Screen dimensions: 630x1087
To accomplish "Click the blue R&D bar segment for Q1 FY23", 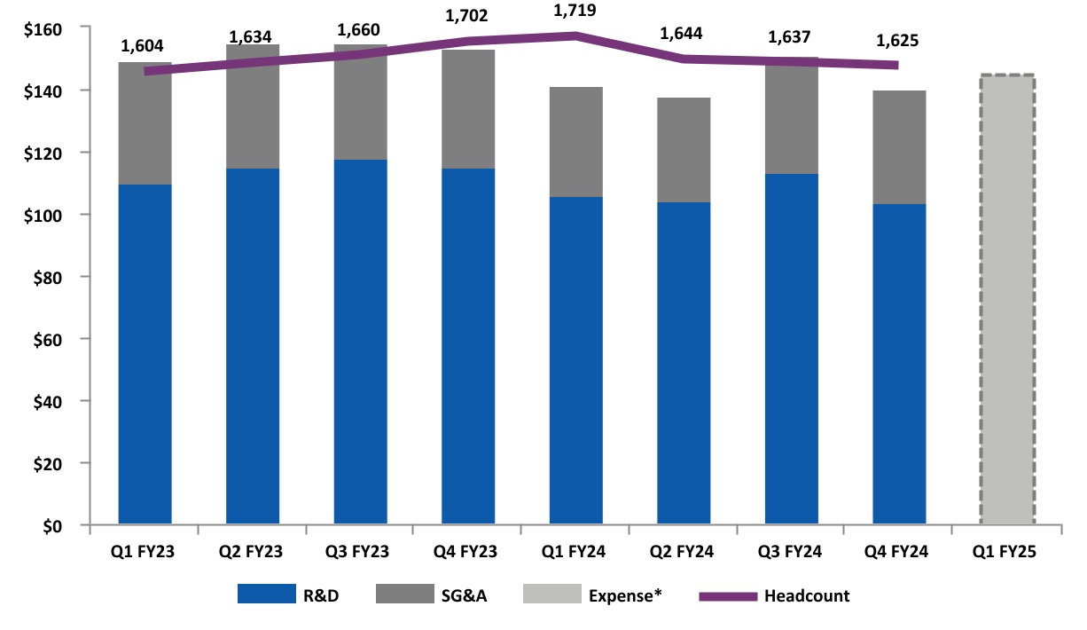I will coord(145,354).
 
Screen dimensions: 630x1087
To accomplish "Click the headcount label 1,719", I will coord(575,12).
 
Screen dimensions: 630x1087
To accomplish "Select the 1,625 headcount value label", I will coord(897,41).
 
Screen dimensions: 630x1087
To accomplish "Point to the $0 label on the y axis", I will coord(51,525).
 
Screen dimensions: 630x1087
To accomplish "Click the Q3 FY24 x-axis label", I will coord(790,552).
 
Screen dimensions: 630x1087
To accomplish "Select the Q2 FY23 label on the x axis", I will coord(252,552).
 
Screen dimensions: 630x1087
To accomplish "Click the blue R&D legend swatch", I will coord(265,595).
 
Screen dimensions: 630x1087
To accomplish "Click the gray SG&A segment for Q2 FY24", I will coord(683,150).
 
